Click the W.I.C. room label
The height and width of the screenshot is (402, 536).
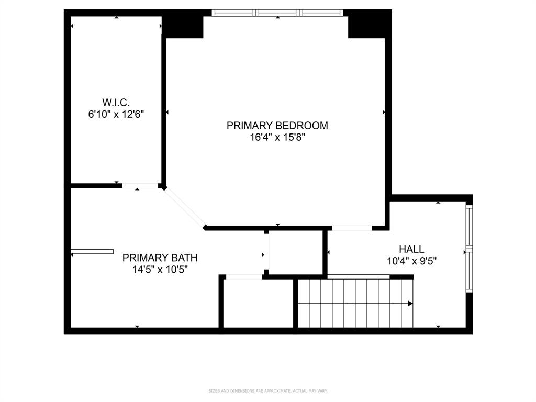coord(116,102)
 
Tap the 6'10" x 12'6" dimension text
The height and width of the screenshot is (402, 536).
coord(116,114)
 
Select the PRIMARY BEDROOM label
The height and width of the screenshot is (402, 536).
coord(277,126)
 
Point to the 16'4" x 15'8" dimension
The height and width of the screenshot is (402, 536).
coord(277,138)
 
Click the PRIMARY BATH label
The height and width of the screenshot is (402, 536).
coord(160,258)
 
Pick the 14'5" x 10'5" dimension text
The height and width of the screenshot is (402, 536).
coord(160,270)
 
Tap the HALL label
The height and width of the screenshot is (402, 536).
coord(411,249)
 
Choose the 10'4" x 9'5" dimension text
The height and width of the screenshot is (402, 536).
coord(411,261)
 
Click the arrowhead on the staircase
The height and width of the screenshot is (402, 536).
coord(410,303)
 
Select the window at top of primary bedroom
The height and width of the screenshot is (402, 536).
coord(277,13)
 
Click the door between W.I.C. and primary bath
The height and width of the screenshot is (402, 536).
coord(140,185)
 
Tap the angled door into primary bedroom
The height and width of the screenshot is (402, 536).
coord(184,207)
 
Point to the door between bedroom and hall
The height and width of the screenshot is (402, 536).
coord(352,228)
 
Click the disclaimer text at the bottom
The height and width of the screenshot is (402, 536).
coord(268,390)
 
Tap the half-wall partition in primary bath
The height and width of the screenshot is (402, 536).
coord(93,252)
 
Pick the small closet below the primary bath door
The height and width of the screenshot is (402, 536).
coord(256,304)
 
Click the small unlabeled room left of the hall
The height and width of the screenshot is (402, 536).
coord(295,252)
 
